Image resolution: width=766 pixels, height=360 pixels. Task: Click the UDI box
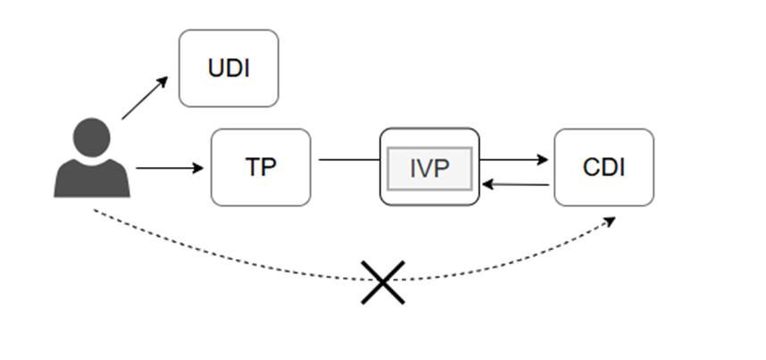pos(229,68)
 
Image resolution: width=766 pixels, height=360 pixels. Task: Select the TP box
pos(261,167)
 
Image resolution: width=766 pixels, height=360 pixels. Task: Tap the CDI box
pos(604,167)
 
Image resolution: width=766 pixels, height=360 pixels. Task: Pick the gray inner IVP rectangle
pos(429,168)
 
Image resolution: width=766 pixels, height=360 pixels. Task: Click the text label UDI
pos(229,69)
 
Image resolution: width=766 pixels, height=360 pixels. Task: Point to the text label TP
pos(261,167)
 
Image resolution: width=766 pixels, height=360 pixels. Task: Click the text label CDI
pos(604,168)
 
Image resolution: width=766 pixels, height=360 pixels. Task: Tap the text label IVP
pos(429,168)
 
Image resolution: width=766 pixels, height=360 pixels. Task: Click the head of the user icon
pos(91,138)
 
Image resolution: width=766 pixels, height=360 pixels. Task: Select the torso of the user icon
pos(92,178)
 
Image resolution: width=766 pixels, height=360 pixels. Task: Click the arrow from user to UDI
pos(145,98)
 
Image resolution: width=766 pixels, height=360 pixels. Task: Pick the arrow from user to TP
pos(170,168)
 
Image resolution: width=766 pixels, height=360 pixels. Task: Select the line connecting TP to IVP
pos(349,160)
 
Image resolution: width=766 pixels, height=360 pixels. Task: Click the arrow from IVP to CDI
pos(513,160)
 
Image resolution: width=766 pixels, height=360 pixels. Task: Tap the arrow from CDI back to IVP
pos(515,184)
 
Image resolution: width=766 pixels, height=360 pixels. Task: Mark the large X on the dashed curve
pos(383,282)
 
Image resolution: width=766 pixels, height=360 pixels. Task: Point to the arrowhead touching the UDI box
pos(162,81)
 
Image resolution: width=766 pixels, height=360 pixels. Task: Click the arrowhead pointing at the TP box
pos(198,168)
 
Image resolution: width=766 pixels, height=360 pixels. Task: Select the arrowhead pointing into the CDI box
pos(542,160)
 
